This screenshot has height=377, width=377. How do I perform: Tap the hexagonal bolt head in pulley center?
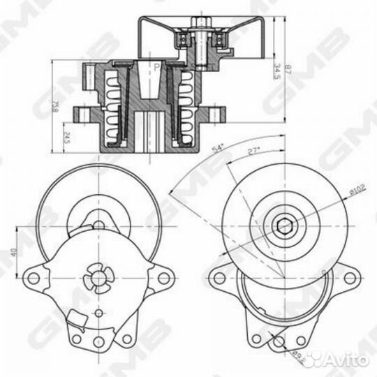[x=284, y=224]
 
